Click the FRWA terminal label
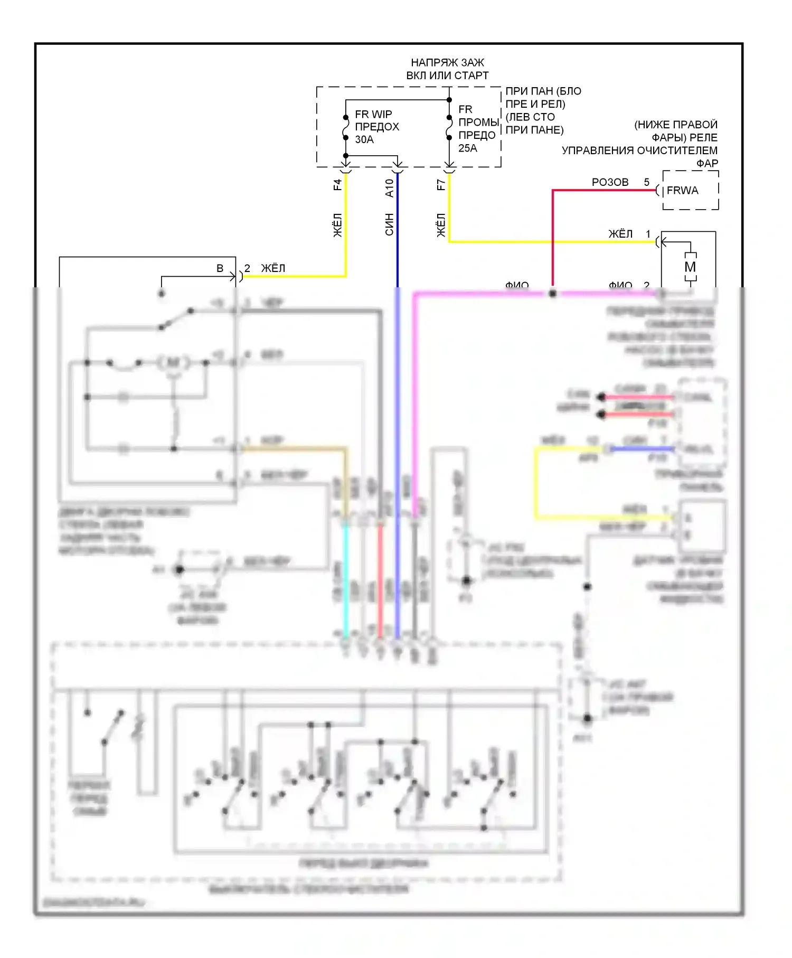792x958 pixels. click(x=682, y=191)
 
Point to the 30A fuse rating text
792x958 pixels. click(x=364, y=139)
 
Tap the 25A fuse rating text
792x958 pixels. click(x=467, y=148)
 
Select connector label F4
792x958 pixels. click(x=337, y=185)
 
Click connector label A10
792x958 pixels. click(x=389, y=188)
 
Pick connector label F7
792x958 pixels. click(x=441, y=185)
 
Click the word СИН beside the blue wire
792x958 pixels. click(x=389, y=224)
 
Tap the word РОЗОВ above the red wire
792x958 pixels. click(x=610, y=182)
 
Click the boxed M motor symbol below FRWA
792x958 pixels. click(x=690, y=267)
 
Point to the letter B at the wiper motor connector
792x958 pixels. click(x=220, y=268)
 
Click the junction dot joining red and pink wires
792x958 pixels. click(x=552, y=293)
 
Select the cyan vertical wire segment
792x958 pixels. click(x=346, y=581)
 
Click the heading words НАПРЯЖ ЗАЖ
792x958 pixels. click(x=447, y=63)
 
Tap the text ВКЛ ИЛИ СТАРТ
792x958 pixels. click(x=447, y=76)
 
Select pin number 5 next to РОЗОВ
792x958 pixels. click(x=646, y=182)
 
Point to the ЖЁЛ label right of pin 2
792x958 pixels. click(x=273, y=268)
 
